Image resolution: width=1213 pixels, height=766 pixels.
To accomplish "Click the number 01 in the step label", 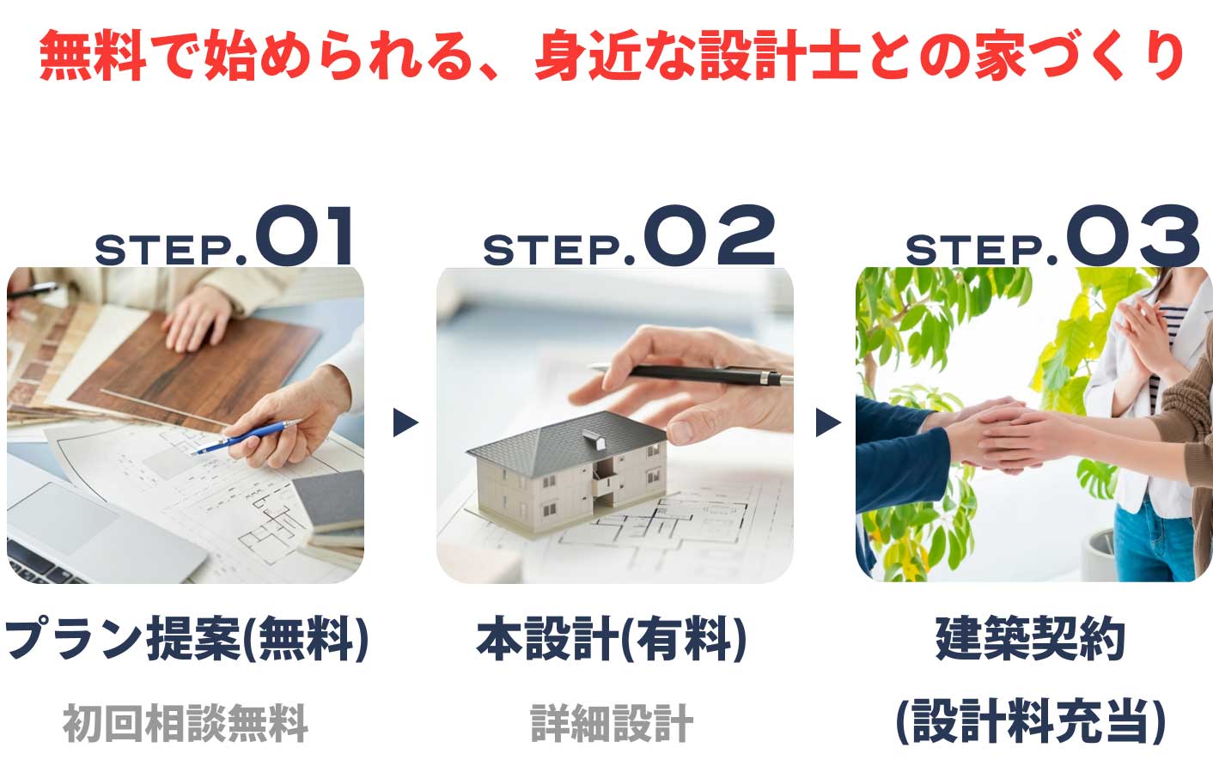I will (x=304, y=237).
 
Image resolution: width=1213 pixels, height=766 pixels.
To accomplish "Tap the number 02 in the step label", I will (x=709, y=237).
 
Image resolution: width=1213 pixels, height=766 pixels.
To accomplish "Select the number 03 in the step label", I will (x=1132, y=237).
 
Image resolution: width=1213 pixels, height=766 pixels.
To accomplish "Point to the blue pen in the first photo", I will (x=249, y=436).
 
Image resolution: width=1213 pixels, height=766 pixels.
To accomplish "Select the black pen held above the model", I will (x=687, y=374).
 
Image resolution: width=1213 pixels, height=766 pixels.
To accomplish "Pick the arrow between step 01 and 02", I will (x=405, y=423).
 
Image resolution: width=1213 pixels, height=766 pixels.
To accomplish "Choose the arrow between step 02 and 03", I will (x=827, y=423).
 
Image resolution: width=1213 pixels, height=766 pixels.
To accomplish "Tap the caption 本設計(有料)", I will (x=611, y=640).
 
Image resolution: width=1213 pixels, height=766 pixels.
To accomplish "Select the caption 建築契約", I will (x=1030, y=640).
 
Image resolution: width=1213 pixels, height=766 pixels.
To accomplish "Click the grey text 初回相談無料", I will (x=186, y=722).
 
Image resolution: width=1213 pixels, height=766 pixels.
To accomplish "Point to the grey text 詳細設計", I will (x=611, y=722).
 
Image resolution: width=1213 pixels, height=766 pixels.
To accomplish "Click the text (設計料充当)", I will (x=1030, y=720).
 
